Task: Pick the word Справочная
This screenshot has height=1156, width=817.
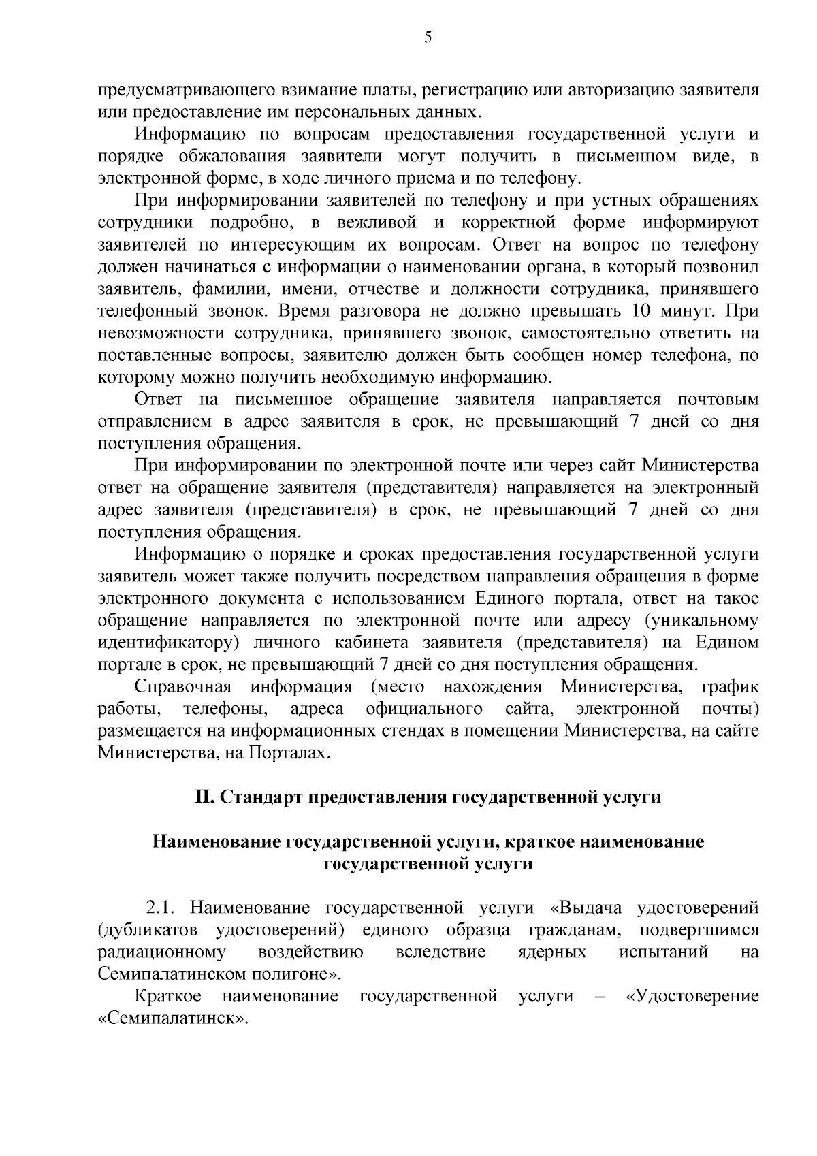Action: click(x=183, y=687)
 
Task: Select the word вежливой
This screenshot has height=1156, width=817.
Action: click(x=372, y=223)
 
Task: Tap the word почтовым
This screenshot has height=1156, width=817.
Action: click(x=718, y=399)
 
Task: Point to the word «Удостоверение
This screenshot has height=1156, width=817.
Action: click(x=691, y=997)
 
